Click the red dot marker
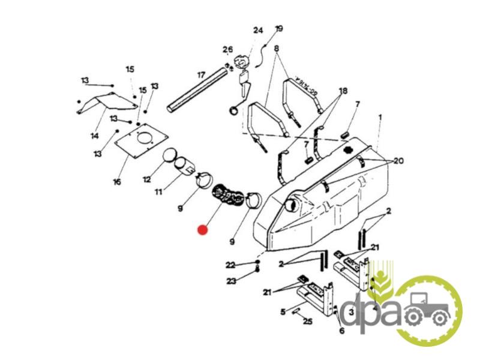tap(203, 229)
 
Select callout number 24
tap(258, 30)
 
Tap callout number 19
tap(278, 28)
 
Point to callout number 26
tap(227, 49)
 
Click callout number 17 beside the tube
tap(201, 75)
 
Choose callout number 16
tap(116, 181)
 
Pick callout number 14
tap(94, 136)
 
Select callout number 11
tap(158, 192)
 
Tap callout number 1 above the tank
tap(379, 119)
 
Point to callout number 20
tap(399, 160)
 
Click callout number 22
tap(230, 265)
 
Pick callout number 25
tap(308, 322)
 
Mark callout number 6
tap(341, 331)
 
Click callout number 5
tap(283, 311)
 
